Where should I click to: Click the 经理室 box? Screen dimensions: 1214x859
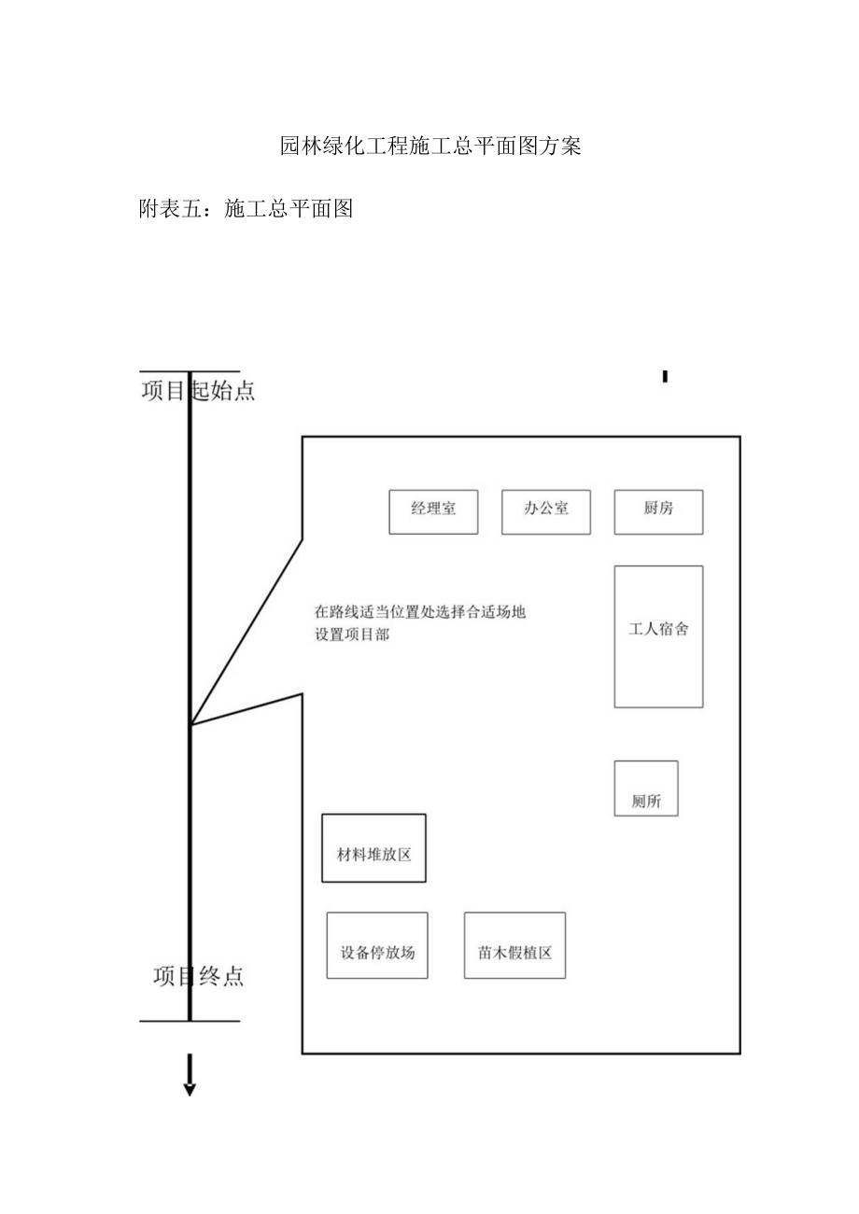(x=433, y=512)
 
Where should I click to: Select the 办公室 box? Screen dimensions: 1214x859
(x=545, y=512)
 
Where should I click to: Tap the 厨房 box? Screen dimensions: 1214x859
(x=658, y=512)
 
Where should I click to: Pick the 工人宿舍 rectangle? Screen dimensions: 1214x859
(x=658, y=636)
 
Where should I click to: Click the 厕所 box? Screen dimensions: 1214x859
(x=646, y=788)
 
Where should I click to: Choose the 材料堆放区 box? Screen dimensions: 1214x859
(x=373, y=848)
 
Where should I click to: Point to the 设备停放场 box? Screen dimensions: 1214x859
(x=377, y=945)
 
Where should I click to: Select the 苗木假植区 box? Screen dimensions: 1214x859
(x=514, y=945)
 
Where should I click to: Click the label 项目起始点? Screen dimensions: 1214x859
(x=198, y=391)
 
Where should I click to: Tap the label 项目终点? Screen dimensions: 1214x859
(x=198, y=977)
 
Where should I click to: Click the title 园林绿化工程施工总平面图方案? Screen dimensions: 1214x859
(x=430, y=147)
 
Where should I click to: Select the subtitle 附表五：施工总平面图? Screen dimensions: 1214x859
(x=245, y=209)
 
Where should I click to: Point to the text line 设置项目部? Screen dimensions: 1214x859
(x=352, y=635)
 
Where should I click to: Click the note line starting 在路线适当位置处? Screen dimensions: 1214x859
(x=420, y=613)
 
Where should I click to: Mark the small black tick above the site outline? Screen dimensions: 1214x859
(x=665, y=376)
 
